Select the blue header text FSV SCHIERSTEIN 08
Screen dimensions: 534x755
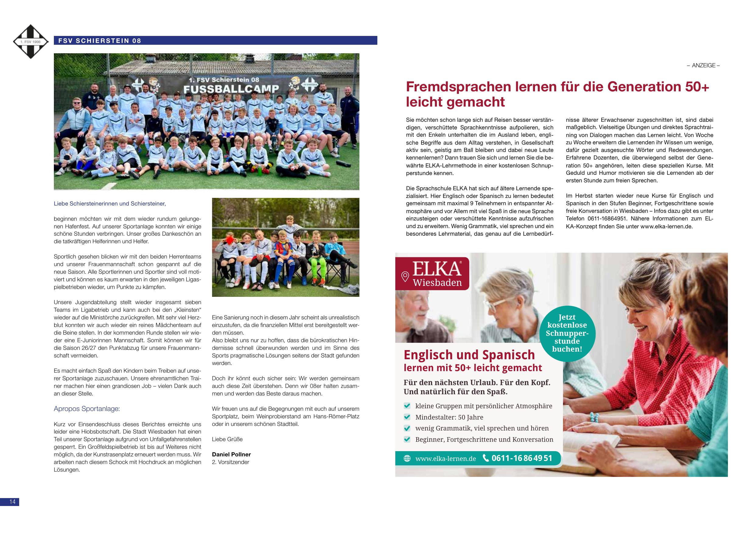pyautogui.click(x=100, y=41)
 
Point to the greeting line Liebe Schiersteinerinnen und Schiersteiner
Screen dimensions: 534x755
pyautogui.click(x=110, y=204)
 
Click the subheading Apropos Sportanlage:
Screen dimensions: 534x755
pyautogui.click(x=87, y=409)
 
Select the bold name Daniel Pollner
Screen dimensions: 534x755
pyautogui.click(x=231, y=454)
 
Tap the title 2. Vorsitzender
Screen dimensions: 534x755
pyautogui.click(x=230, y=462)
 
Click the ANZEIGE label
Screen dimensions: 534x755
pyautogui.click(x=703, y=65)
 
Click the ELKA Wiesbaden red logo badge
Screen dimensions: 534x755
pyautogui.click(x=432, y=274)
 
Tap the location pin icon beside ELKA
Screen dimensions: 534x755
pyautogui.click(x=405, y=277)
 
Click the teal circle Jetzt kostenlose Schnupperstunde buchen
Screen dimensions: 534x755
pyautogui.click(x=567, y=333)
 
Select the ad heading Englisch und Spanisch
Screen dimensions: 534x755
pyautogui.click(x=469, y=355)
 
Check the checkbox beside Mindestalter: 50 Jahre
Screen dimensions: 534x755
pyautogui.click(x=407, y=417)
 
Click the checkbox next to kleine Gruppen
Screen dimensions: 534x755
pyautogui.click(x=407, y=406)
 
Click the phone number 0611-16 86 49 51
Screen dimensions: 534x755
pyautogui.click(x=522, y=458)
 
